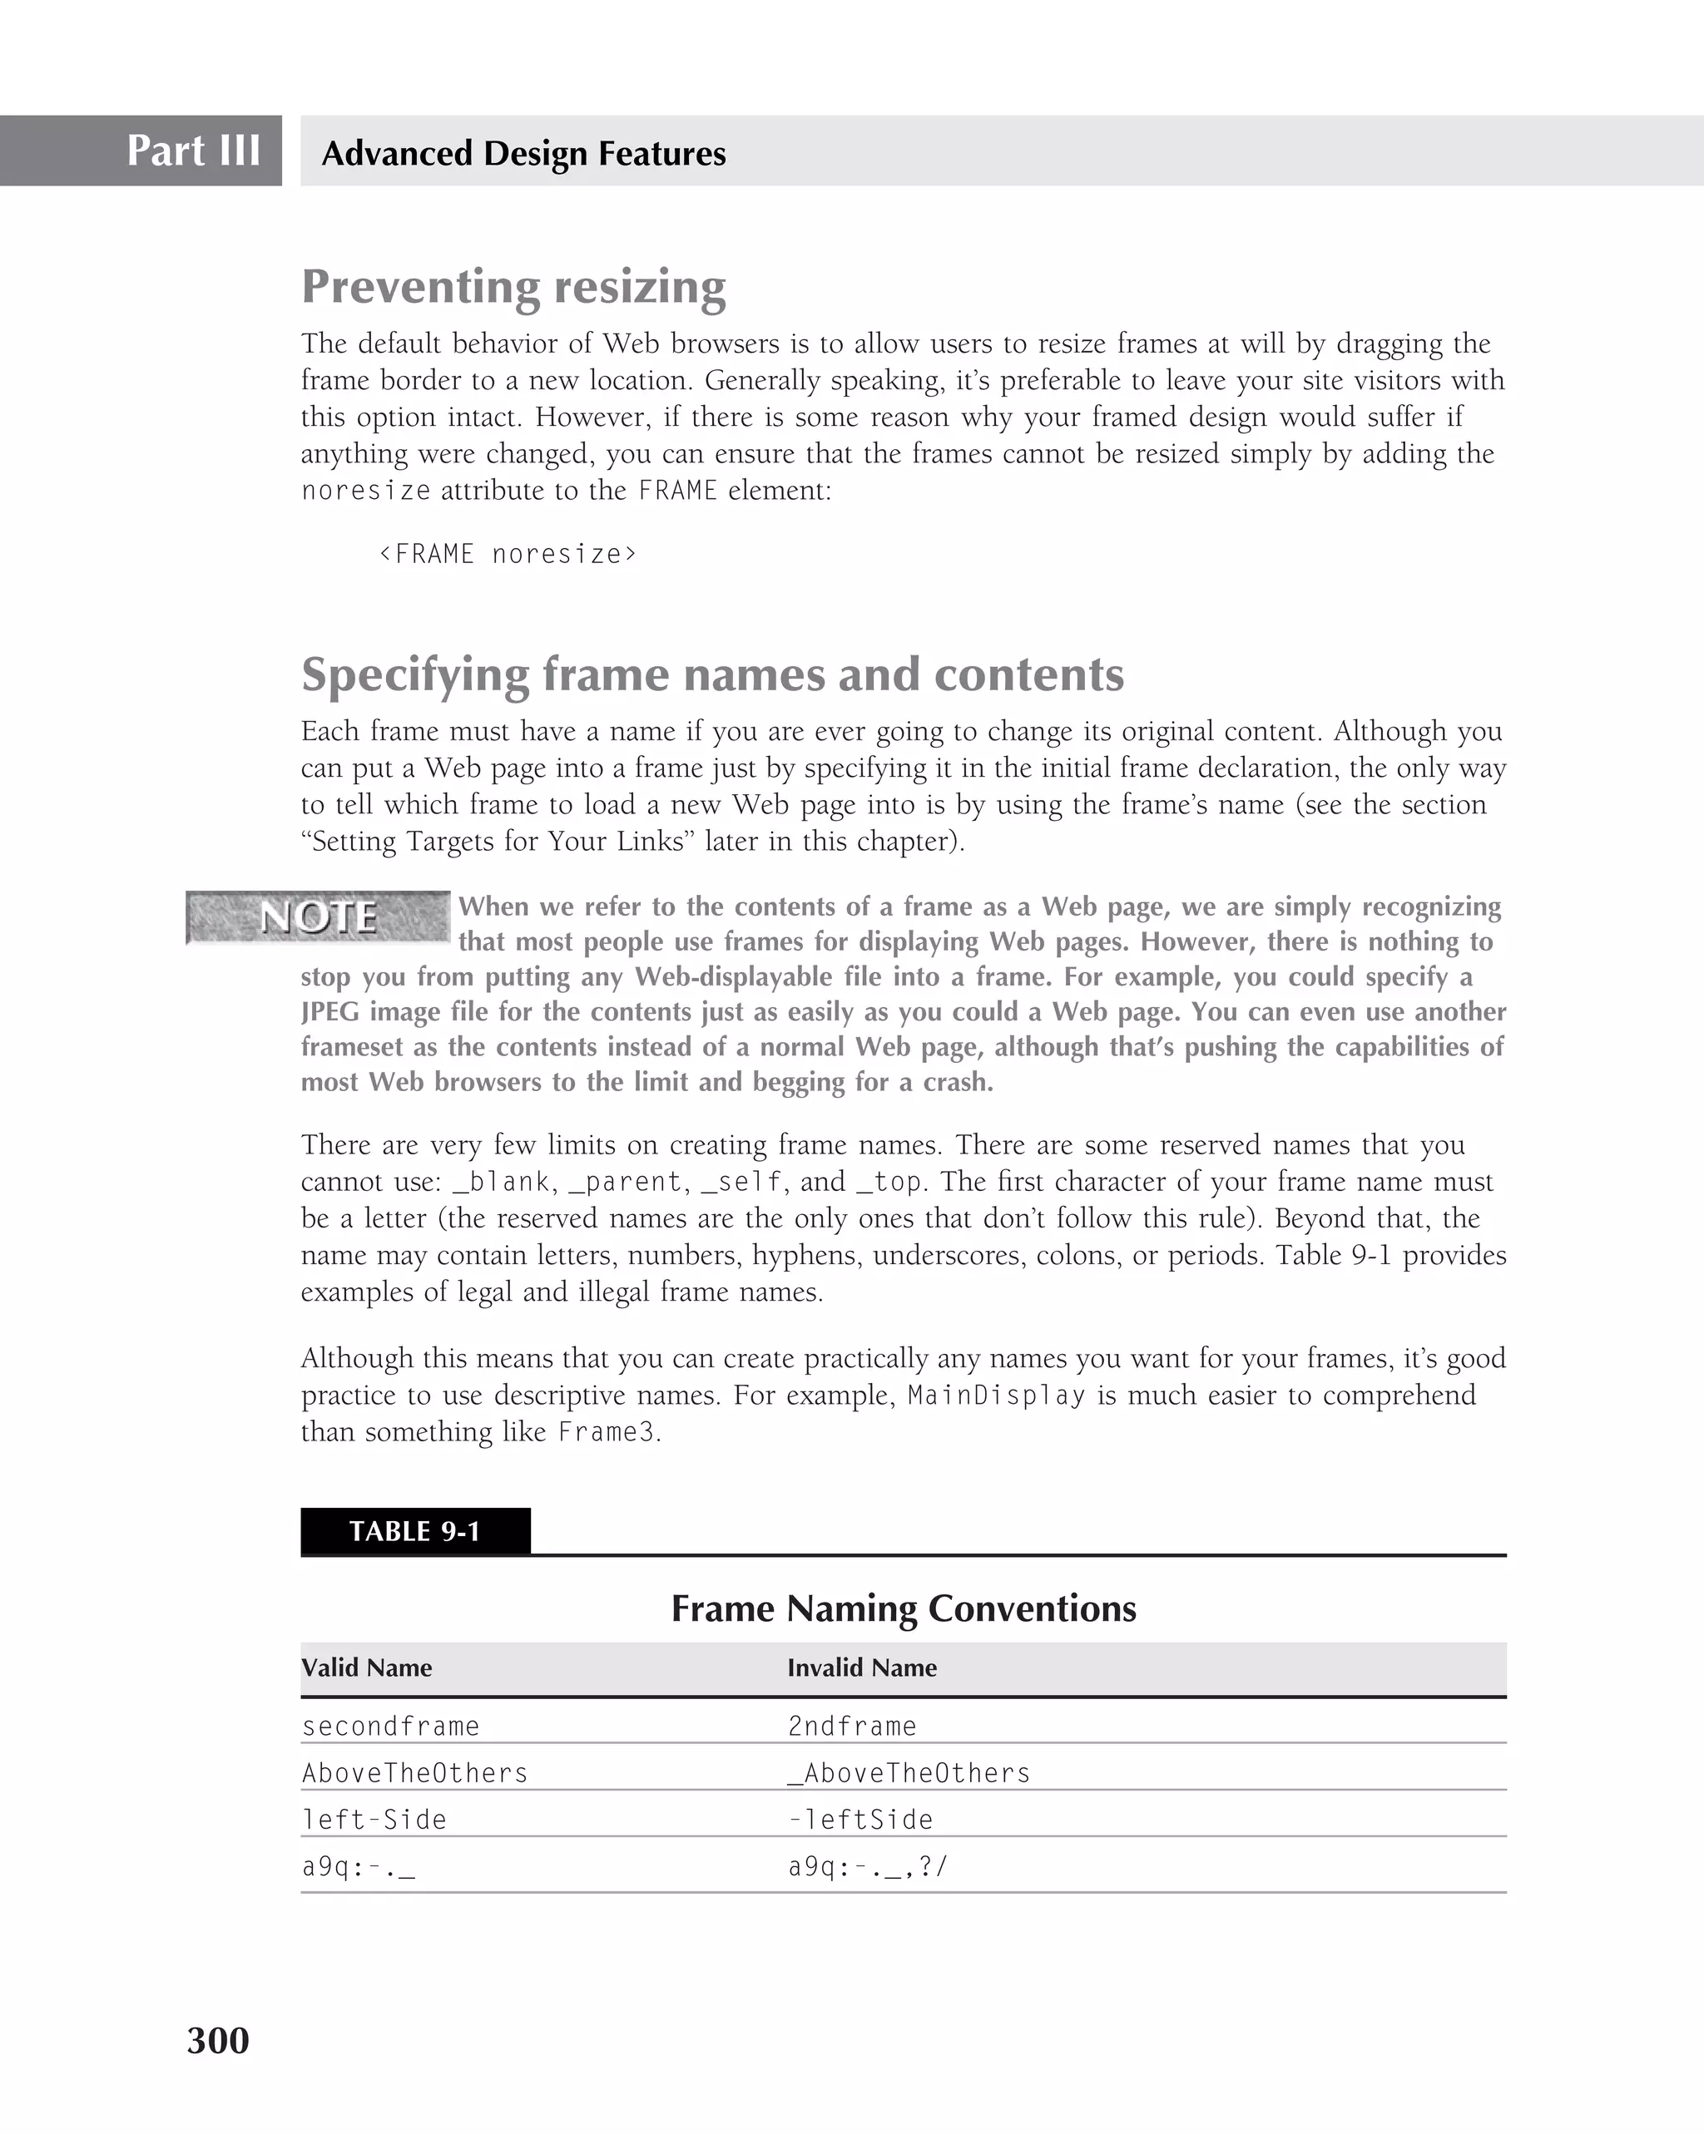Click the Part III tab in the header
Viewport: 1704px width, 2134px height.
[193, 151]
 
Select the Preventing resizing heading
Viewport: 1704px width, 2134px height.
[513, 286]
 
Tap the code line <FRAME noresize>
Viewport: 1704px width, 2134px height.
[508, 554]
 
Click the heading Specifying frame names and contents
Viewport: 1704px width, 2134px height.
[712, 674]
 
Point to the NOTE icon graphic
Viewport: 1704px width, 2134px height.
[318, 916]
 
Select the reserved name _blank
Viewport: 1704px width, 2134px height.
[501, 1182]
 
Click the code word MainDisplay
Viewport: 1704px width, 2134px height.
[996, 1395]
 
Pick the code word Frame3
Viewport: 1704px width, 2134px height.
[606, 1432]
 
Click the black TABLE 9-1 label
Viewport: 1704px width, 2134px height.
[415, 1531]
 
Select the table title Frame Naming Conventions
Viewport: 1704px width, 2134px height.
[903, 1608]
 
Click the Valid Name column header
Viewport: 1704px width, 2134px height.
[366, 1667]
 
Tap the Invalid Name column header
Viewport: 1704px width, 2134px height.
[861, 1667]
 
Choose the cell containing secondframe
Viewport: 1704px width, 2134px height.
[390, 1726]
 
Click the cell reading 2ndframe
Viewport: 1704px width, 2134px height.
[851, 1726]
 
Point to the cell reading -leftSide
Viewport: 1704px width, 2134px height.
[859, 1820]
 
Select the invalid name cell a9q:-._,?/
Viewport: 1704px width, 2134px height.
[867, 1867]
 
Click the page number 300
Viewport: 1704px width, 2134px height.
[218, 2041]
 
